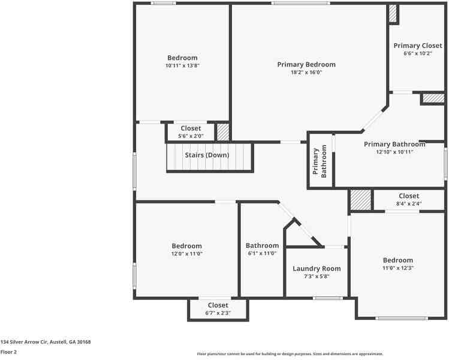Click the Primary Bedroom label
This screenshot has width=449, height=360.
coord(306,64)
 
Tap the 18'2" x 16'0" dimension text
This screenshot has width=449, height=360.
coord(306,72)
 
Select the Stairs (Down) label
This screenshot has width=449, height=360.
coord(207,155)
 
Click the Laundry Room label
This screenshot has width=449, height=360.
coord(317,269)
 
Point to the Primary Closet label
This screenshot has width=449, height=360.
coord(418,46)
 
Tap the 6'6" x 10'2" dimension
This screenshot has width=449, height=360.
coord(417,53)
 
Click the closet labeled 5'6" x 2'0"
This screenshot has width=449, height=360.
coord(191,128)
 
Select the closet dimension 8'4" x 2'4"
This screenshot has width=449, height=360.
coord(409,203)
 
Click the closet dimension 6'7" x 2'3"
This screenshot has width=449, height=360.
coord(218,313)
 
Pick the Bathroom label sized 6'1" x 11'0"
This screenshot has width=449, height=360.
coord(263,245)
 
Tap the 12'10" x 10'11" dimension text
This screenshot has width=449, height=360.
coord(394,152)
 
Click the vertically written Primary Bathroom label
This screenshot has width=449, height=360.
coord(320,161)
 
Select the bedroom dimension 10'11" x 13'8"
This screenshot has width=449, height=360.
coord(182,65)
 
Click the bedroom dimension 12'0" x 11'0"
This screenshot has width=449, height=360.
coord(186,254)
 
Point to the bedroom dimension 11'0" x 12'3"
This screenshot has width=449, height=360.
coord(398,268)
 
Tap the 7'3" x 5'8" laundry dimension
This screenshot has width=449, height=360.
coord(317,277)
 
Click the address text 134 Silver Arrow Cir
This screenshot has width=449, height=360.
coord(24,342)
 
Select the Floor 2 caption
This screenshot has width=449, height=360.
coord(8,352)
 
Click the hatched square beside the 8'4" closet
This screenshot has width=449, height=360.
coord(361,199)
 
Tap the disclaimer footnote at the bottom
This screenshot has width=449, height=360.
coord(290,354)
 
